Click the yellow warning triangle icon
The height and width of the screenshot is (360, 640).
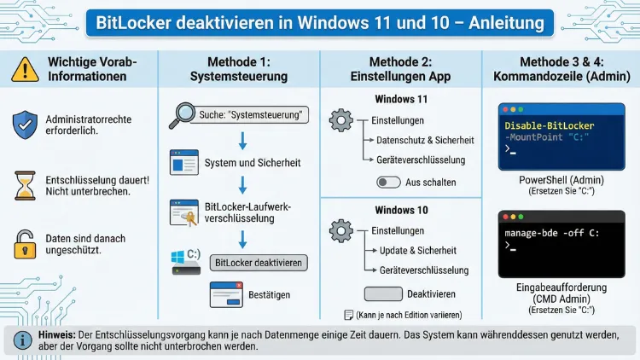[25, 68]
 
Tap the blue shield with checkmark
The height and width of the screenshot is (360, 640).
[25, 125]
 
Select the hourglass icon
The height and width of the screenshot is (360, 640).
[25, 185]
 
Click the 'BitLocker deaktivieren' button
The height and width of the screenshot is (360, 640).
[259, 263]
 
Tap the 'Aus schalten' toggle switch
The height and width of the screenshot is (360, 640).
[388, 183]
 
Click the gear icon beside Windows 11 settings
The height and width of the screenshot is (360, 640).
[340, 120]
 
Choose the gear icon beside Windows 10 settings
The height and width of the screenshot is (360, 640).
[340, 230]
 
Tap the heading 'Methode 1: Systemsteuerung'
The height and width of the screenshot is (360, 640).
[238, 69]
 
